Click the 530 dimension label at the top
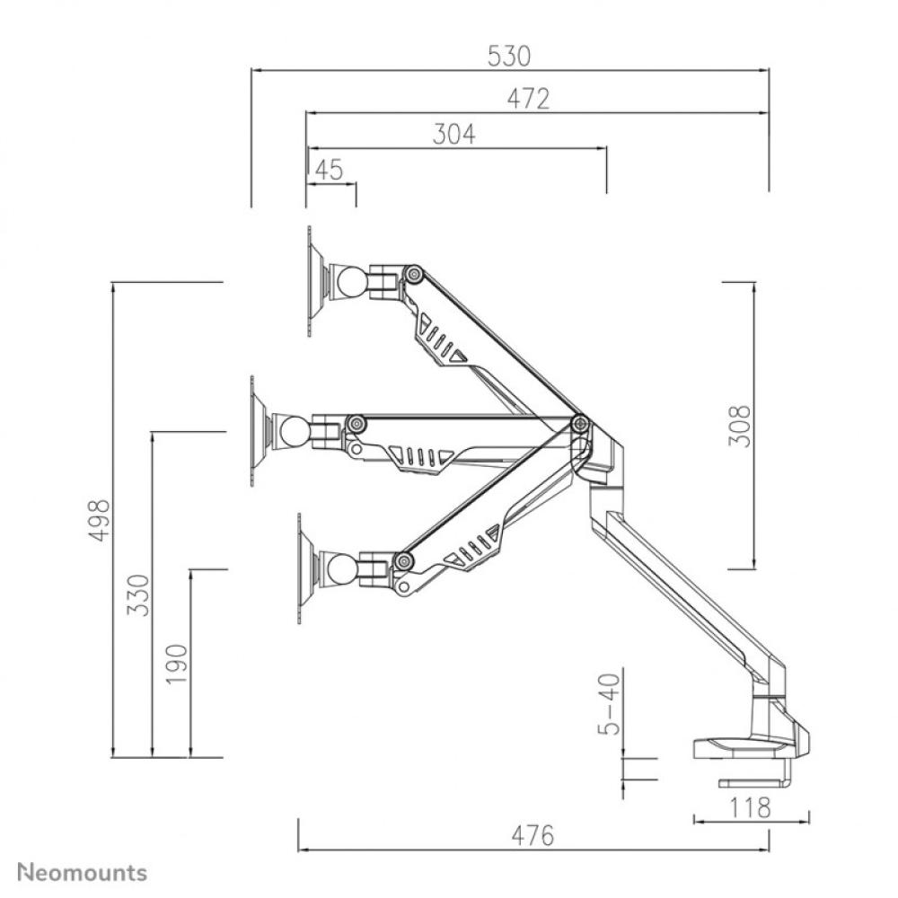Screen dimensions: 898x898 coord(509,57)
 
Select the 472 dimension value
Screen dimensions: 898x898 coord(527,99)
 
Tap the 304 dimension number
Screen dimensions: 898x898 coord(454,134)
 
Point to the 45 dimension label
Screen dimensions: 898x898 coord(330,170)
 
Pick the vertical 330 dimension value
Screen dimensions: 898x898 coord(137,594)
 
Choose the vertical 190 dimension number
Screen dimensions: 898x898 coord(177,664)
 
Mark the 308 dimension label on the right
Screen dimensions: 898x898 coord(739,425)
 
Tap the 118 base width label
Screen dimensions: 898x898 coord(751,807)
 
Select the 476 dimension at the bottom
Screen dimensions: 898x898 coord(533,835)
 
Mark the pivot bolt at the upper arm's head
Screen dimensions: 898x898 coord(414,274)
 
